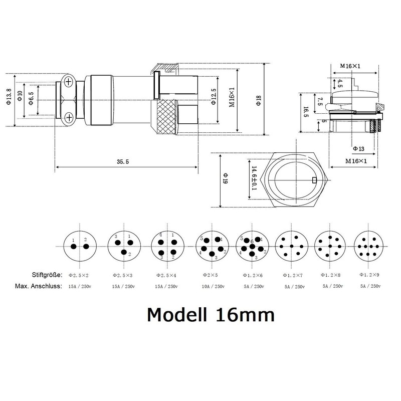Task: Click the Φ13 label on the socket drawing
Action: click(x=358, y=148)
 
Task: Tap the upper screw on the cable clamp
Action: click(x=69, y=80)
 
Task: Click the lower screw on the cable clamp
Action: click(x=69, y=118)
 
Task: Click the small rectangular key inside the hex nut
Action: click(x=314, y=180)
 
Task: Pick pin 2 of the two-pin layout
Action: click(x=86, y=247)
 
